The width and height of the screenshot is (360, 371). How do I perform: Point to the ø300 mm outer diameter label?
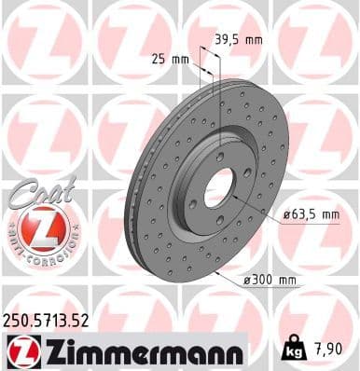click(x=270, y=278)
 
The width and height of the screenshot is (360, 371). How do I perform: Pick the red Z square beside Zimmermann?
click(x=20, y=351)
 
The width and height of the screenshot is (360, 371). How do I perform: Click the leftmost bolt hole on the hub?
click(x=192, y=201)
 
